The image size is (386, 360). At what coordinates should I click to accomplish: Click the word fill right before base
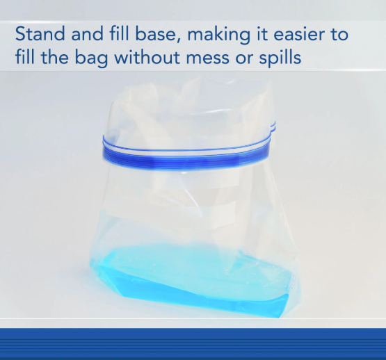click(117, 34)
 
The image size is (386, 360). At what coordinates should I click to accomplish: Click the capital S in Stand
click(20, 34)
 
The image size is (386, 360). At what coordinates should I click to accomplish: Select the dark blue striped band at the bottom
click(193, 344)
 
